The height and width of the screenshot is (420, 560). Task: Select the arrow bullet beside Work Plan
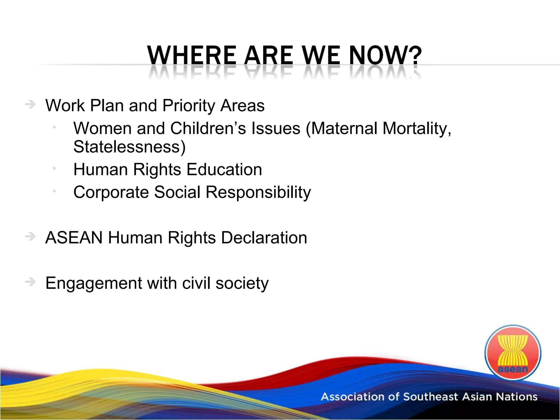(x=30, y=105)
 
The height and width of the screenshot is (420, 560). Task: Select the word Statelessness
(x=129, y=147)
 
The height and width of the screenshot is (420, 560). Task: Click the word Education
(x=224, y=170)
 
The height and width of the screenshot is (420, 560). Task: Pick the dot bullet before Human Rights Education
(x=54, y=168)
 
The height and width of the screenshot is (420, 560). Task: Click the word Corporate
(x=111, y=192)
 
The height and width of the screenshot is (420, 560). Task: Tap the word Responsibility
(x=258, y=192)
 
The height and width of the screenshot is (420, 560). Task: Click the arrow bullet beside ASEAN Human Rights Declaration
(x=30, y=237)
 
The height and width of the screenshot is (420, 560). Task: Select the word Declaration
(x=264, y=238)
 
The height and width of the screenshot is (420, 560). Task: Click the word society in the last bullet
(x=242, y=284)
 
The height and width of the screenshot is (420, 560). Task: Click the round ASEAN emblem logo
(x=513, y=353)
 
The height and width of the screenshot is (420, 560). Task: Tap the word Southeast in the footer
(x=430, y=397)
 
